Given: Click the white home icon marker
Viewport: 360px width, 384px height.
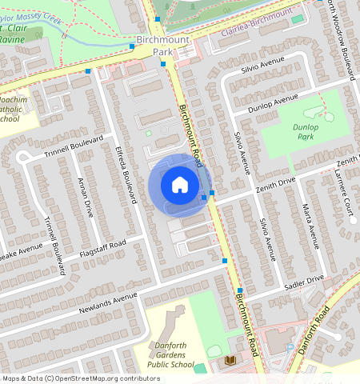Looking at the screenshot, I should [x=180, y=185].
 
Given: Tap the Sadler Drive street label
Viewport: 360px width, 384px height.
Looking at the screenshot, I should [x=303, y=281].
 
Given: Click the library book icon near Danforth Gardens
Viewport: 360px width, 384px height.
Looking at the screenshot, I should [x=232, y=362].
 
